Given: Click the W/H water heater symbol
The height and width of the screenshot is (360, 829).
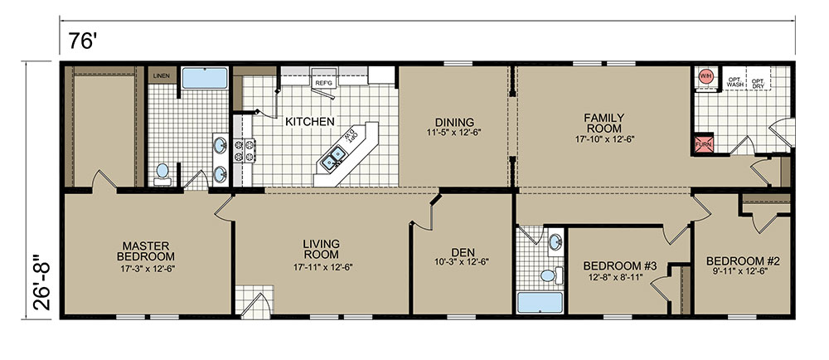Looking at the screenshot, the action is coord(706,76).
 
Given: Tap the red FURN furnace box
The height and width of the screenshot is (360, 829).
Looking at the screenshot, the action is coord(704,144).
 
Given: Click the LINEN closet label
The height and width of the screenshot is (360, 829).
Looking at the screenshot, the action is coord(162,75).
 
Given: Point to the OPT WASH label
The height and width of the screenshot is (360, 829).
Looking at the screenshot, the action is coord(735,82).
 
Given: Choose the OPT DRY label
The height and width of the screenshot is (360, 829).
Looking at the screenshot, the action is coord(758,82).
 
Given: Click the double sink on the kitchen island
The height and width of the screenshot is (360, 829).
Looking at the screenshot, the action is coord(333,158).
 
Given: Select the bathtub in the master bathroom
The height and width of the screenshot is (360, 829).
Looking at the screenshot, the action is coord(205,78).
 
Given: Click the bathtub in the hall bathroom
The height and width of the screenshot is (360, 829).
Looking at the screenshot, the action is coord(540,303).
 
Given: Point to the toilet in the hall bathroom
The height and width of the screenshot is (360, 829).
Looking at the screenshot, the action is coord(551,275).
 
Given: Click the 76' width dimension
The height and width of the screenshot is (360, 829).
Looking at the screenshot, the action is coord(81,41).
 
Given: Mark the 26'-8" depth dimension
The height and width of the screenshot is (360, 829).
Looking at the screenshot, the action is coord(41,283).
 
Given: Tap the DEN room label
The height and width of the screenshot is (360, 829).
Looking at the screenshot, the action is coord(463,251).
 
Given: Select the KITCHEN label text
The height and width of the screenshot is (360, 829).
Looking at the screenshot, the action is coord(310,122).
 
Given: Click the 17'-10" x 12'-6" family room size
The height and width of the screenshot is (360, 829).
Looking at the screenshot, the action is coord(604,139).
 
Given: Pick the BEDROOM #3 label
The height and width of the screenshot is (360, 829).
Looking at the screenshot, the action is coord(619,265).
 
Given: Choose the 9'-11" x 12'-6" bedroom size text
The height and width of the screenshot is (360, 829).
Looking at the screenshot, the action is coord(743,270).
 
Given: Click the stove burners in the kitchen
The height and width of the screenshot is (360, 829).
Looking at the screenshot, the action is coord(245,150).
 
